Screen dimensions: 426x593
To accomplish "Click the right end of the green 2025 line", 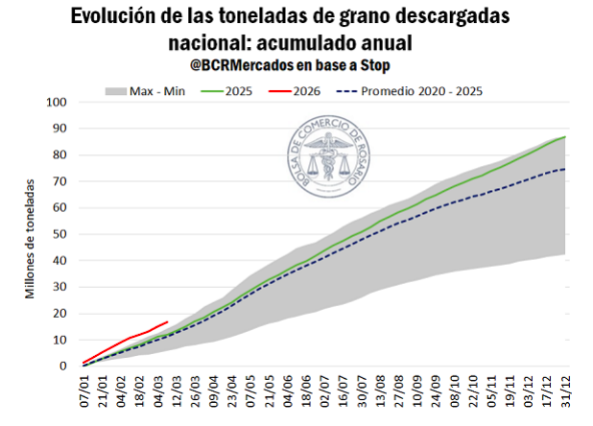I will [563, 137].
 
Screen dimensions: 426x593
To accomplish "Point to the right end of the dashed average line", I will [563, 169].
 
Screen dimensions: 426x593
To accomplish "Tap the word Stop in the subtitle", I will [378, 64].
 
